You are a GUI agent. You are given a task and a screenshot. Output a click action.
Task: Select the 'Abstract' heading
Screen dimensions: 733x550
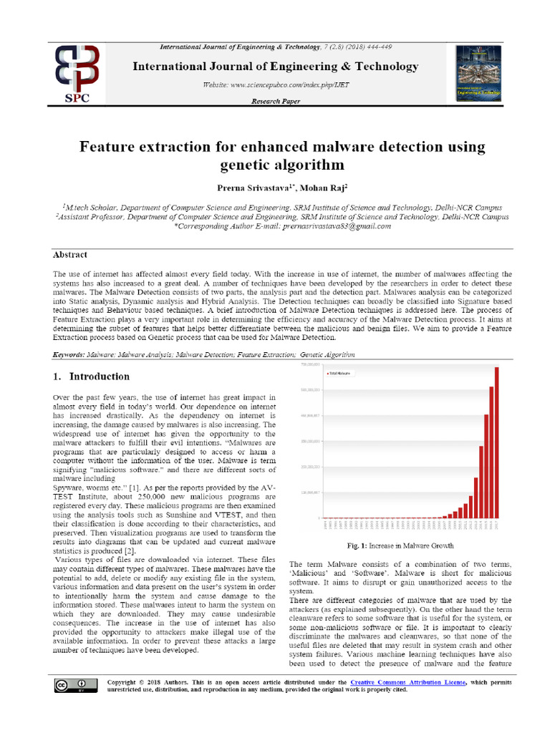(70, 255)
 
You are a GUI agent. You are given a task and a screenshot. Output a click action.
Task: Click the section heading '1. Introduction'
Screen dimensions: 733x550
(92, 377)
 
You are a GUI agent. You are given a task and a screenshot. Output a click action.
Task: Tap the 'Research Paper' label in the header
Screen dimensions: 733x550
(275, 102)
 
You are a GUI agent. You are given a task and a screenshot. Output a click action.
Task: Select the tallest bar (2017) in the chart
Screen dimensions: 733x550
(497, 442)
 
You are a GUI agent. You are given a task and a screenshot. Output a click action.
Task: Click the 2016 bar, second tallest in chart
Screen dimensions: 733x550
(491, 452)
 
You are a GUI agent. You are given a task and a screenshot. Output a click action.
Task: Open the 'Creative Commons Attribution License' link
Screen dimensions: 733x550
(407, 682)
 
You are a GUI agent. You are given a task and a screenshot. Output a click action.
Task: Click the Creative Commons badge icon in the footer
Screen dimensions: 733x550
(68, 685)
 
